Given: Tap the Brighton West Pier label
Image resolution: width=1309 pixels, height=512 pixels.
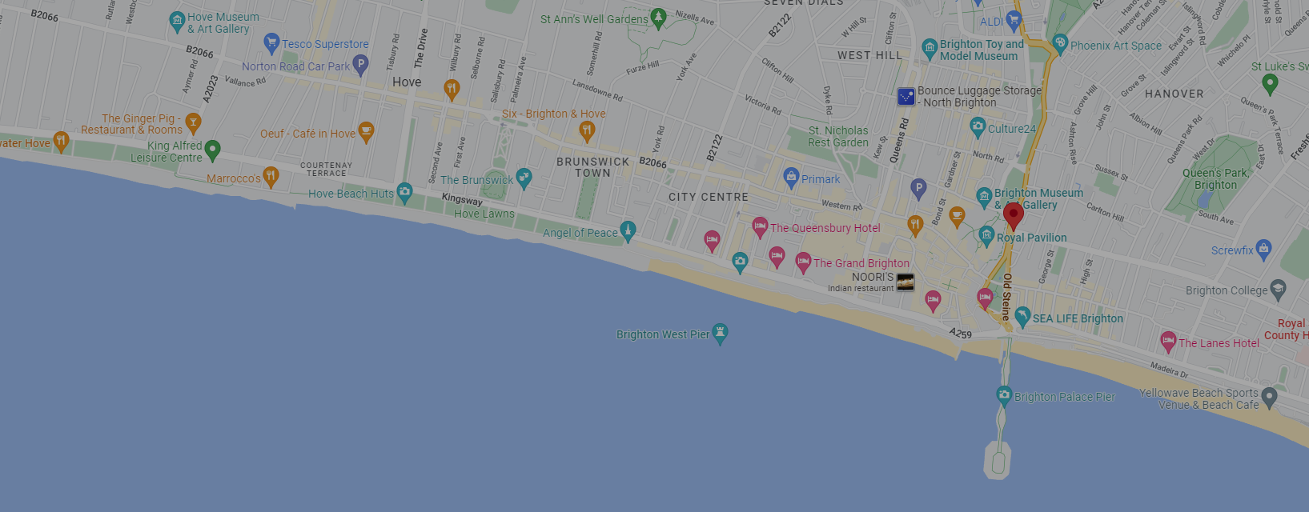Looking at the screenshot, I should (x=663, y=334).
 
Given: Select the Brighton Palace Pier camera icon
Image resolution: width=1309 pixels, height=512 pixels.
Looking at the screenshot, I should (x=1004, y=395).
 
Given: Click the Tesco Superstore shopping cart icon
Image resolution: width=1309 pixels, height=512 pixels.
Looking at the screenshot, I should (x=271, y=42).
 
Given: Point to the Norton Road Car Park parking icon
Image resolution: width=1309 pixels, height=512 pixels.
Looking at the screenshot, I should (x=361, y=65).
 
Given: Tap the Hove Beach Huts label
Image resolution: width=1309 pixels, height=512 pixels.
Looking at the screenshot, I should (x=351, y=194).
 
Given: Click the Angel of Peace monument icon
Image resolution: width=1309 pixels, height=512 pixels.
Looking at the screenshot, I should (x=628, y=231).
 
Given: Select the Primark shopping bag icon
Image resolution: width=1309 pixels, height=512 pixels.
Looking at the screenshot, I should (x=791, y=177).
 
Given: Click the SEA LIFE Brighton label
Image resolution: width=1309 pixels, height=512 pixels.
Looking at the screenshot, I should (x=1078, y=318).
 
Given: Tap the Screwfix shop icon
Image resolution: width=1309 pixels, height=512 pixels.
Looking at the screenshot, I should (x=1263, y=249).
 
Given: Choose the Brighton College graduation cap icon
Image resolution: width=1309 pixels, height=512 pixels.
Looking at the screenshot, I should (x=1278, y=289).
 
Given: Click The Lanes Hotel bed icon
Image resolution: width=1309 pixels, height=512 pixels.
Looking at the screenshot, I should (x=1168, y=342).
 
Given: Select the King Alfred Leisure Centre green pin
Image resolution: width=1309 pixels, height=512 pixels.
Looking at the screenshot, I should (x=212, y=149).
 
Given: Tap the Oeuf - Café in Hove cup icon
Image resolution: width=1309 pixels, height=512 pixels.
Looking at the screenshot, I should (x=366, y=131).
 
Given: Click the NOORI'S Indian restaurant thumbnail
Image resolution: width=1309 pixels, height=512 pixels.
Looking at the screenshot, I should (x=905, y=282).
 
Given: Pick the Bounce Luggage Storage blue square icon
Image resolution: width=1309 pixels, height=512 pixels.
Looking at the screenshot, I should (x=906, y=97).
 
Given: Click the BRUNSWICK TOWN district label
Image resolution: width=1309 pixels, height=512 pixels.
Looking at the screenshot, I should (x=593, y=167).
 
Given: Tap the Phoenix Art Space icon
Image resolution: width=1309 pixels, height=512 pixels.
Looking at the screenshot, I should (x=1060, y=44).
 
